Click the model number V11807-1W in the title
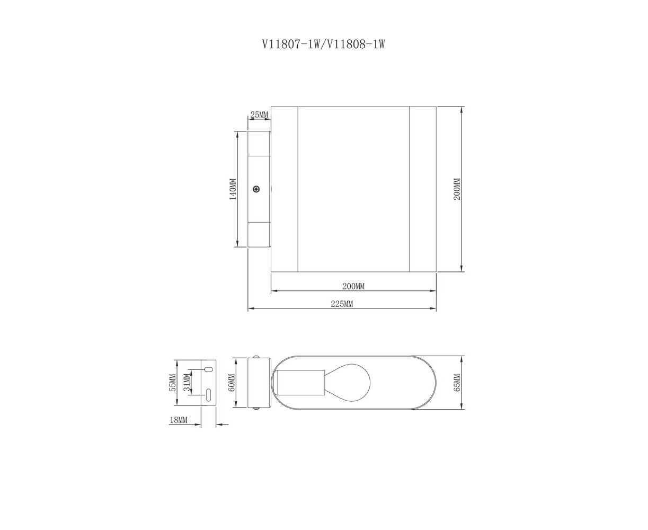click(x=291, y=45)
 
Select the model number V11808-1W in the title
click(x=356, y=45)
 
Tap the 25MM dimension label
click(x=259, y=115)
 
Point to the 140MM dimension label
click(x=233, y=189)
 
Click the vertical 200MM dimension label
click(x=457, y=189)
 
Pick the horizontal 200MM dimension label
click(x=353, y=287)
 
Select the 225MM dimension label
click(x=342, y=304)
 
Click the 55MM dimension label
click(x=173, y=383)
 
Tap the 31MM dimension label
click(x=187, y=383)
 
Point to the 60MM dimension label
click(x=232, y=383)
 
